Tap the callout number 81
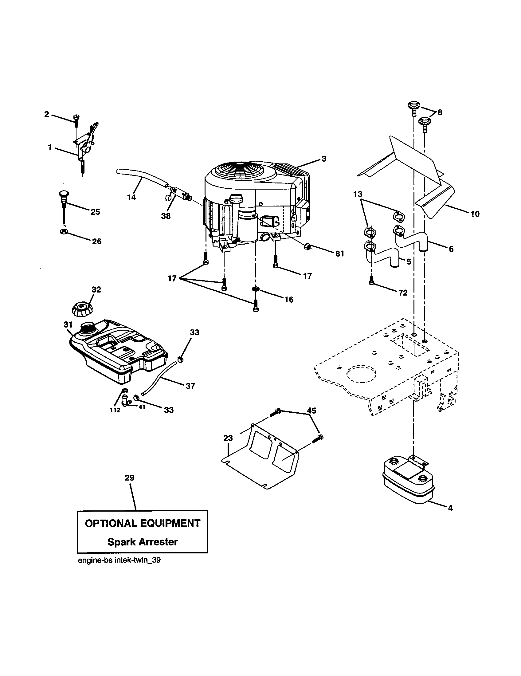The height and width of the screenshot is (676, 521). pyautogui.click(x=339, y=253)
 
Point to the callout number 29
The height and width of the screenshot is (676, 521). pyautogui.click(x=129, y=478)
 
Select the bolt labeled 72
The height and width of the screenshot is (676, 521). pyautogui.click(x=372, y=282)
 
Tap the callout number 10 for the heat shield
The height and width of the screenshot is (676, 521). pyautogui.click(x=475, y=214)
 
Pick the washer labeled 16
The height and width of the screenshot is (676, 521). pyautogui.click(x=256, y=289)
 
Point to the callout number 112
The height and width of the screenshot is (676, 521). pyautogui.click(x=115, y=411)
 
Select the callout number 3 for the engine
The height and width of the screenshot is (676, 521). pyautogui.click(x=323, y=159)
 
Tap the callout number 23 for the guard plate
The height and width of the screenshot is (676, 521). pyautogui.click(x=228, y=438)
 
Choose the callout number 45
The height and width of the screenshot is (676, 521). pyautogui.click(x=311, y=411)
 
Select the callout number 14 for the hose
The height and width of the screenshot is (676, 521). pyautogui.click(x=131, y=197)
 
